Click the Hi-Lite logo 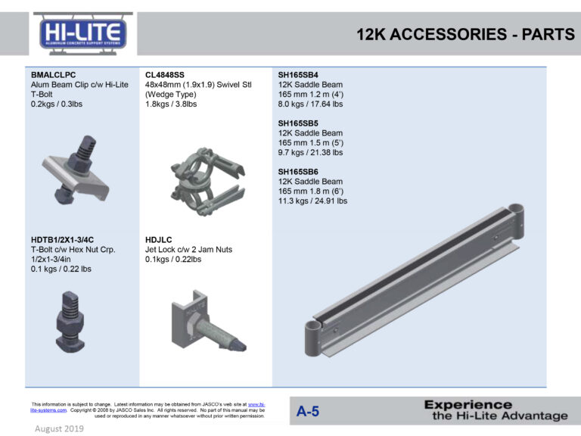[83, 34]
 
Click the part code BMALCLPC [54, 75]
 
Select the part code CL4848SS [164, 75]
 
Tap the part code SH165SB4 [298, 75]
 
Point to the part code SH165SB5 [298, 123]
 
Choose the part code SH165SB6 [298, 172]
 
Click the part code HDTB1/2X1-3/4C [62, 240]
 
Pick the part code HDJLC [159, 240]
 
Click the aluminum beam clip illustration [76, 170]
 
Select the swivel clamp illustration [207, 181]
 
